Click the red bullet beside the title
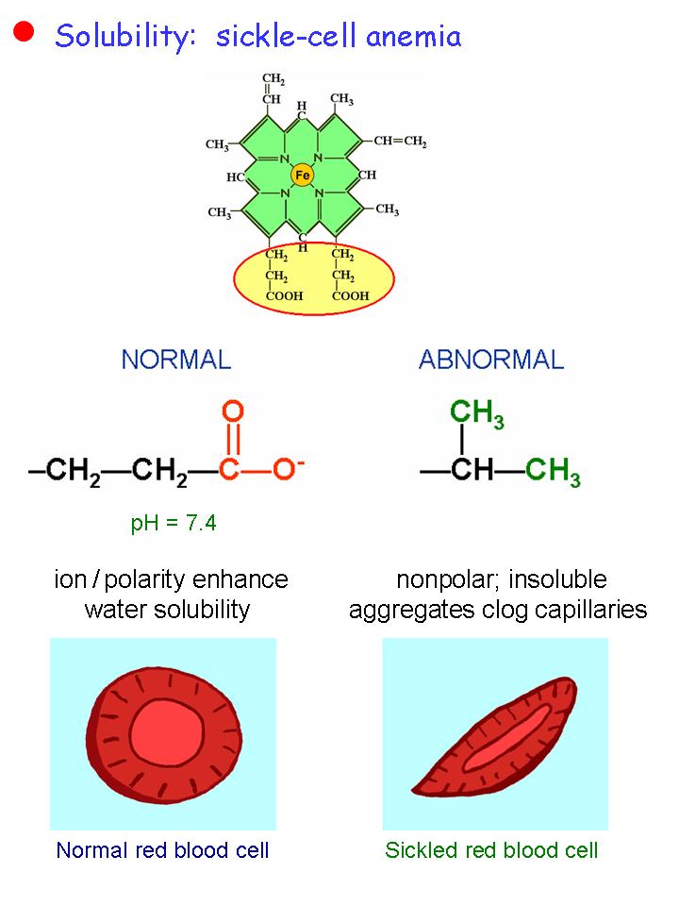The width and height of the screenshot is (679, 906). click(x=24, y=32)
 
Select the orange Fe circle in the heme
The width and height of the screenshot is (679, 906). click(x=302, y=176)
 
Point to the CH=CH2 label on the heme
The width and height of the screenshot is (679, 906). click(x=399, y=142)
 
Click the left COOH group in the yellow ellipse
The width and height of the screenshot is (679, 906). click(x=282, y=294)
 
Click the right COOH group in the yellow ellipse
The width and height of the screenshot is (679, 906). click(x=351, y=294)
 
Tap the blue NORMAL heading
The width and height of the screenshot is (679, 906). click(x=175, y=360)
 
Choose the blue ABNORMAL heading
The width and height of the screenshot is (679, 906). click(x=490, y=360)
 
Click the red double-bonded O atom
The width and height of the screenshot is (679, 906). click(x=233, y=412)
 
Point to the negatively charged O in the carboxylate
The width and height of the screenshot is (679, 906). click(x=283, y=469)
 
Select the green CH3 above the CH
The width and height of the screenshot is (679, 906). click(x=477, y=412)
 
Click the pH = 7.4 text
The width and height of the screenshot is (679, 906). click(x=174, y=522)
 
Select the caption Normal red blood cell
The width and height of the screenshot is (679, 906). click(x=163, y=850)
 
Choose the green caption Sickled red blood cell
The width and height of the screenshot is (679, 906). click(x=491, y=850)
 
